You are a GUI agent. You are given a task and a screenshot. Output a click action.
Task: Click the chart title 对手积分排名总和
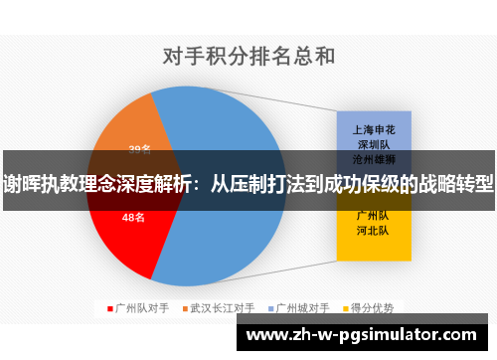point(248,57)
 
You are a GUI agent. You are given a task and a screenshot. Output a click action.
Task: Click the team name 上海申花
point(374,129)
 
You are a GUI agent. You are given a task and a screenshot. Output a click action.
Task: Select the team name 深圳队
point(374,143)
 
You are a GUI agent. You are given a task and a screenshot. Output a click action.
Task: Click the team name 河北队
point(374,230)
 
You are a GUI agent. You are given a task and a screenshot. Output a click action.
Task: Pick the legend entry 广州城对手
point(303,307)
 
